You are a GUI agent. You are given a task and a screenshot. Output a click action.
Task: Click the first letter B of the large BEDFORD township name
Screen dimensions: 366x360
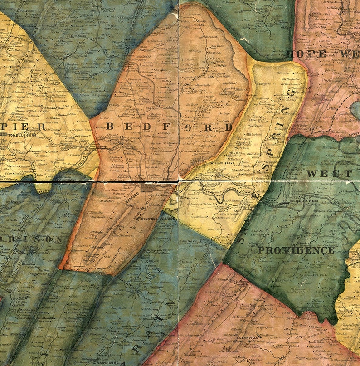(x=110, y=127)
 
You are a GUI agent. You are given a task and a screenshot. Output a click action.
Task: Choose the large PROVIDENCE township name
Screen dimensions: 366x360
(x=296, y=250)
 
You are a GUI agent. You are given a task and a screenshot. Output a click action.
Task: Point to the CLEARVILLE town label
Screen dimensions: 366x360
(x=248, y=337)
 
